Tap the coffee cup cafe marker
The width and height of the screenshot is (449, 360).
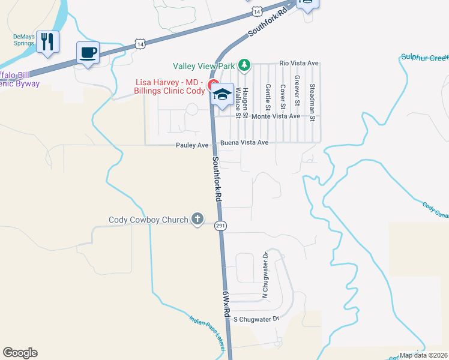88,53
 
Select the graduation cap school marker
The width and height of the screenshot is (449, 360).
223,95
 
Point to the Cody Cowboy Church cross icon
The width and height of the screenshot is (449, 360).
197,220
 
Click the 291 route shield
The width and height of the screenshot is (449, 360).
220,225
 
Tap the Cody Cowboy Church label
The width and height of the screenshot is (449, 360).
148,220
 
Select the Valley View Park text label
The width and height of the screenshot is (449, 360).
204,65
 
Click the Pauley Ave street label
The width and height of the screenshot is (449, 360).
192,145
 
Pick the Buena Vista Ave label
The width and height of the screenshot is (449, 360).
244,143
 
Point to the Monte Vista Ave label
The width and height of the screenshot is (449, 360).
276,116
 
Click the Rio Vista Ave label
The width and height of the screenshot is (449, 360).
299,63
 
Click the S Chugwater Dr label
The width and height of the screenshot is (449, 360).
256,319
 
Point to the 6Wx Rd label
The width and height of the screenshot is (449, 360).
226,305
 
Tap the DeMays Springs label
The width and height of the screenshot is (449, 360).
24,40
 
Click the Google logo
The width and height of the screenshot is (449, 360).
20,353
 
